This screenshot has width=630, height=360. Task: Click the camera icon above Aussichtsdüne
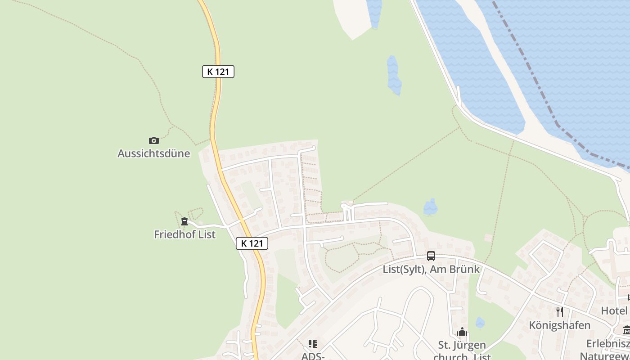click(154, 140)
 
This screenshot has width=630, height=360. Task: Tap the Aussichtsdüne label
click(154, 153)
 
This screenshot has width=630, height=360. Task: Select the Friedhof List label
click(184, 234)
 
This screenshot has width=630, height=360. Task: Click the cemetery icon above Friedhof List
click(184, 221)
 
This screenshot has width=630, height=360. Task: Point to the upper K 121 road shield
click(218, 72)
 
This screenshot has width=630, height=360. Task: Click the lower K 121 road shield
click(252, 243)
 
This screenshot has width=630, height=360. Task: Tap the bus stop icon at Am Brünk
click(431, 256)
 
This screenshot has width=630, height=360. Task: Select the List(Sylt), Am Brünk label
click(431, 270)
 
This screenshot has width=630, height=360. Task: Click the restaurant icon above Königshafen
click(560, 312)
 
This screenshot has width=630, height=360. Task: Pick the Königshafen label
click(560, 325)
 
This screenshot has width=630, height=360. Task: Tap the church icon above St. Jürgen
click(462, 333)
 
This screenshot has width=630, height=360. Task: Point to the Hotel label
click(615, 310)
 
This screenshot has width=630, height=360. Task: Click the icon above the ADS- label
click(313, 344)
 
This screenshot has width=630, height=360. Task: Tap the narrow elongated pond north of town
click(394, 75)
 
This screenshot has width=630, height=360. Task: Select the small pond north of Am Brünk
click(431, 207)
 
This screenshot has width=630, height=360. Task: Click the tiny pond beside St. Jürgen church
click(480, 322)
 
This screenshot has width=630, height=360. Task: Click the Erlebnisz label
click(607, 344)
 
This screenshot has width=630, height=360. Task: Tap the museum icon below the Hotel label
click(626, 330)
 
